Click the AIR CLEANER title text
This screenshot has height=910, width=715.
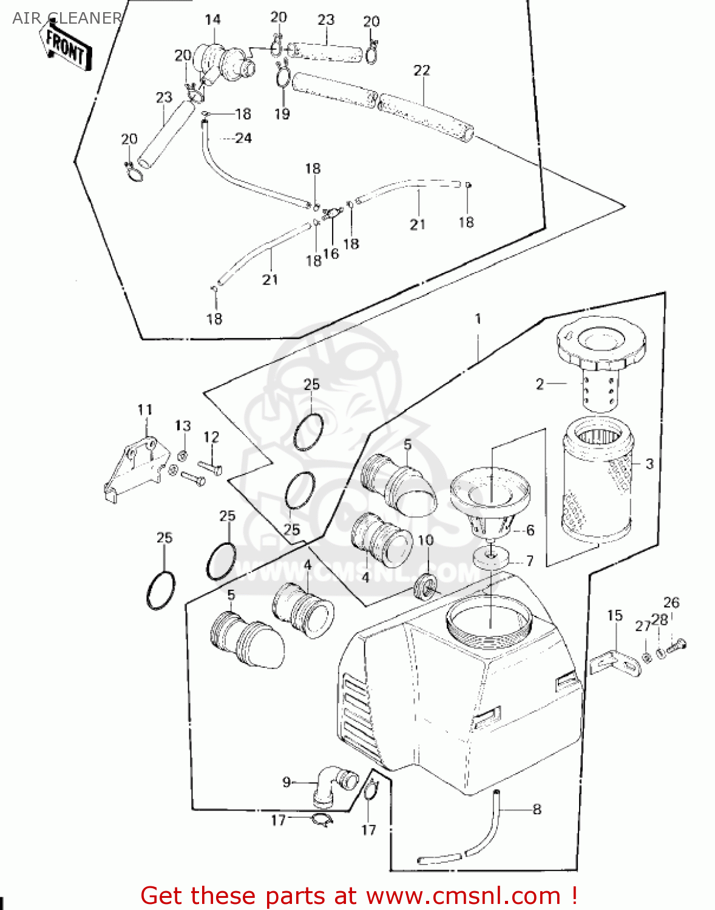tap(67, 18)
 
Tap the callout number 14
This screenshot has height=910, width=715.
tap(212, 20)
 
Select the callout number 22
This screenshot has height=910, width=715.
tap(421, 70)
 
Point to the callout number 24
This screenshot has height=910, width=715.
tap(243, 138)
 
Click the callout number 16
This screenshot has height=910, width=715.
tap(331, 254)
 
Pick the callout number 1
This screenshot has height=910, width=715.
tap(478, 318)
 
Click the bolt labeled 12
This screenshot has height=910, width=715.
tap(210, 468)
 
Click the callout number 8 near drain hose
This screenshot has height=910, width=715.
tap(537, 809)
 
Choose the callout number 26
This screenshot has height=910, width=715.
tap(671, 602)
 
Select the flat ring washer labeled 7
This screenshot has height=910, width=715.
tap(490, 558)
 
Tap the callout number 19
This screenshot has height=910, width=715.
tap(282, 113)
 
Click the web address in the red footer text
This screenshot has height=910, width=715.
tap(463, 895)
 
